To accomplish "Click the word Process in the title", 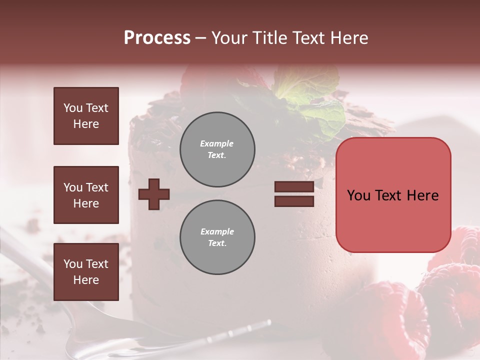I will [157, 38].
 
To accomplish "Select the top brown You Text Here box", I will [86, 116].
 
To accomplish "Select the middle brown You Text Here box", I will [86, 195].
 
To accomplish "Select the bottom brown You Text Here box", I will [86, 272].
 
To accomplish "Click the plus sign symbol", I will [154, 194].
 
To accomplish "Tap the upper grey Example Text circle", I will [217, 149].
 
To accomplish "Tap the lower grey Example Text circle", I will [217, 237].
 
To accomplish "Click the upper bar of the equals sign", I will [294, 187].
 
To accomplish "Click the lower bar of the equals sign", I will [294, 201].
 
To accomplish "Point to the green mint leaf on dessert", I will [310, 95].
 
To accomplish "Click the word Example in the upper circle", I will [217, 143].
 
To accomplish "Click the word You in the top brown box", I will [73, 108].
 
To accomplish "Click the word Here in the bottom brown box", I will [86, 280].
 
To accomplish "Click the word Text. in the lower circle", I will [217, 243].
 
